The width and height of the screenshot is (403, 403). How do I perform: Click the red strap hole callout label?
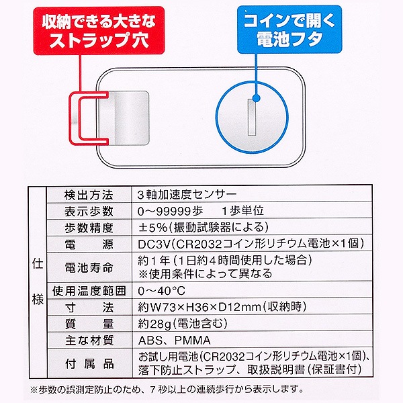[99, 31]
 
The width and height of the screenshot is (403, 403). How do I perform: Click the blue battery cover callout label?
[289, 30]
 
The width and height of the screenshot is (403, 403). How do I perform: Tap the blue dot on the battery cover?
[257, 98]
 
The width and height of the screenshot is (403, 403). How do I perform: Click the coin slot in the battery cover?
[252, 118]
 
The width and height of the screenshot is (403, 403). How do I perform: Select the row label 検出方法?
[89, 195]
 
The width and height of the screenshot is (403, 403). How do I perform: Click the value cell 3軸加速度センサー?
[187, 195]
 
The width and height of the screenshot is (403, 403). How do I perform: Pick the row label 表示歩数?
[89, 212]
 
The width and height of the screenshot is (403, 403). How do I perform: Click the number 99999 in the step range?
[174, 212]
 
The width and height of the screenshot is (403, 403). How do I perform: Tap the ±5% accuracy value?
[152, 228]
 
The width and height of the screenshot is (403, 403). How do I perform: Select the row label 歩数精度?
[89, 228]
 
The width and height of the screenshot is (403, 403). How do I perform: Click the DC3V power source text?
[154, 244]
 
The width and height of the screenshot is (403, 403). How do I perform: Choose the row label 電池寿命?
[89, 267]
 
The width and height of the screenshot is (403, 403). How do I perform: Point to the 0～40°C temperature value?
[161, 291]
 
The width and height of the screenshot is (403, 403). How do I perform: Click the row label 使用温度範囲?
[89, 291]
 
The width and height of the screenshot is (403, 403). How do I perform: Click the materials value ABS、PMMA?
[174, 341]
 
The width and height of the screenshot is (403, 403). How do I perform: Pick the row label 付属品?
[89, 363]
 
